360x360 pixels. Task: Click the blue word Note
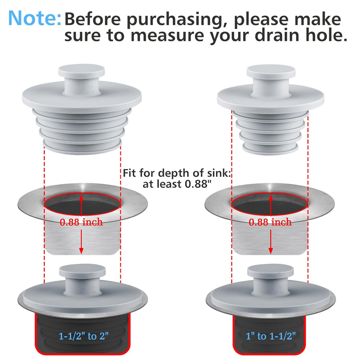click(x=35, y=18)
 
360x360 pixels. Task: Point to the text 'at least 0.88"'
click(x=176, y=184)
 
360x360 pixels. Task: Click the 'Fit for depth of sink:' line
click(x=177, y=173)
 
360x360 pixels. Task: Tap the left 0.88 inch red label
click(x=81, y=222)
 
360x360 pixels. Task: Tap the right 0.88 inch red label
click(x=270, y=222)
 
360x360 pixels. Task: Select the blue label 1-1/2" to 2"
click(x=84, y=336)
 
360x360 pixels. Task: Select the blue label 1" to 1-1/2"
click(x=271, y=336)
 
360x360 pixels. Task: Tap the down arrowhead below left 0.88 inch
click(x=81, y=251)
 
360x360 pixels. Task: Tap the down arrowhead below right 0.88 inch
click(x=271, y=251)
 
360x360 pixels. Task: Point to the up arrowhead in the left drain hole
click(x=81, y=198)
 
